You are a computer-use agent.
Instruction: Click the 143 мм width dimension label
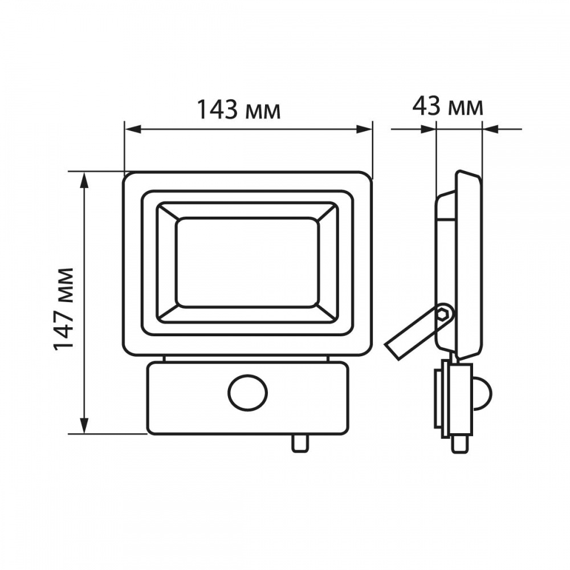coord(239,110)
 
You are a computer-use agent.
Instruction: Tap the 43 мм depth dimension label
coord(447,107)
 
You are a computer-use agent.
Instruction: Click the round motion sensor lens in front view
coord(247,393)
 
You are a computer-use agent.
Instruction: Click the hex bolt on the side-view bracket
coord(443,313)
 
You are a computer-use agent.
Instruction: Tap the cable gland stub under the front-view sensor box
coord(300,443)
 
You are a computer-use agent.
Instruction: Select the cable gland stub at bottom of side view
coord(460,444)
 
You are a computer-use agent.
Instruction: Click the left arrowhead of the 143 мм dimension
coord(133,129)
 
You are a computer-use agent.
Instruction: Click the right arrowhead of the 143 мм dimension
coord(364,129)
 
